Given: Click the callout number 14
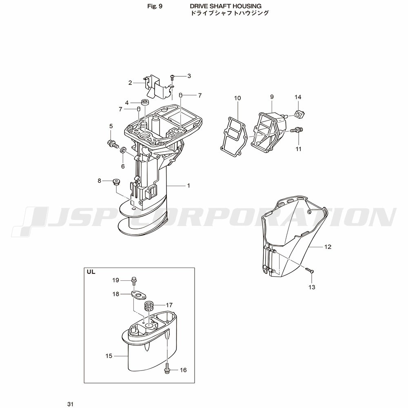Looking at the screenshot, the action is pos(298,98).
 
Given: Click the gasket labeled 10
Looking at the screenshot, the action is pos(234,137).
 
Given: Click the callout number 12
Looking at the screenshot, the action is pos(328,247).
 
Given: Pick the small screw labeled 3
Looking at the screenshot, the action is pos(173,77).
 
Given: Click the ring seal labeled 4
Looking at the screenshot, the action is pos(145,102).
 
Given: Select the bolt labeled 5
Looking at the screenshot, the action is pos(113,143).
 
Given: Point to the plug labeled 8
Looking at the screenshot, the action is pos(115,182).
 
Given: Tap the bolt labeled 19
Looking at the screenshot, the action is pos(134,281).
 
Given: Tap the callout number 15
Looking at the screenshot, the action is pos(109,356).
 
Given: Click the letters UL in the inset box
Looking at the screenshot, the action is pos(91,272).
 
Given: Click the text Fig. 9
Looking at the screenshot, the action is pos(155,6).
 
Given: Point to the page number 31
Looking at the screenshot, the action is pos(70,404).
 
